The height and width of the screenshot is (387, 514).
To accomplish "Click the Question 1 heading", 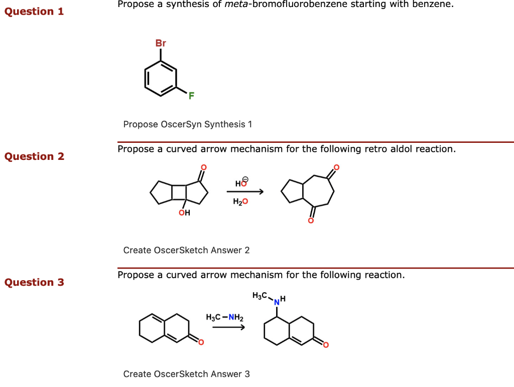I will [34, 11].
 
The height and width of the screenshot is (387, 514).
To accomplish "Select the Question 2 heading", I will [34, 156].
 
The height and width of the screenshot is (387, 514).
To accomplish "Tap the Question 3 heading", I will [34, 282].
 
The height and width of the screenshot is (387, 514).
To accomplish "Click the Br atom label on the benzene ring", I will [161, 44].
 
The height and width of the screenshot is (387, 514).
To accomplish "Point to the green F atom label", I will [191, 96].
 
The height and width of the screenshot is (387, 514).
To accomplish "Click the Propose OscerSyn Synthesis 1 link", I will [187, 124].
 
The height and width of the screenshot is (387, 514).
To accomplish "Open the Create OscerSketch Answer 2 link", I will [186, 250].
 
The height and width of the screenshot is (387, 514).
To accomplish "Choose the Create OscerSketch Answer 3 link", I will [186, 373].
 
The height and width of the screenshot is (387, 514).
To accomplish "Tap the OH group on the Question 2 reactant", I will [184, 214].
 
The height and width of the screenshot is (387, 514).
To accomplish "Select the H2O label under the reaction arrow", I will [240, 202].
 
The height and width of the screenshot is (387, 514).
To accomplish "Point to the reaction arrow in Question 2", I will [245, 191].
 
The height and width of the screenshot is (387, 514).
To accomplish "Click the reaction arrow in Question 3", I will [228, 328].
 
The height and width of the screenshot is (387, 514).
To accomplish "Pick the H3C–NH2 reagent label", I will [224, 317].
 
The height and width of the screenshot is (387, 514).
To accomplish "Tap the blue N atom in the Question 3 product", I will [276, 302].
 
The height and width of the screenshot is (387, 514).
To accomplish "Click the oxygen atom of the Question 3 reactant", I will [201, 342].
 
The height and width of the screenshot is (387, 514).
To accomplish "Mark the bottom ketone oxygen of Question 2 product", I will [311, 221].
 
